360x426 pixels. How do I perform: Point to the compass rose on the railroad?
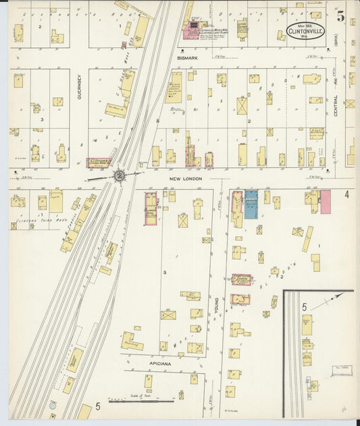tap(120, 176)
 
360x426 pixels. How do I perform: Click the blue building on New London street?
tap(251, 204)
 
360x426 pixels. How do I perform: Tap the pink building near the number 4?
tap(325, 201)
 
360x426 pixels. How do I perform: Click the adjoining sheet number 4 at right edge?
tap(346, 195)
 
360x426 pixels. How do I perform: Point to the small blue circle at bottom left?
tap(53, 407)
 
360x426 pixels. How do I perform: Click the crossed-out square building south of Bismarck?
tap(242, 106)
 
